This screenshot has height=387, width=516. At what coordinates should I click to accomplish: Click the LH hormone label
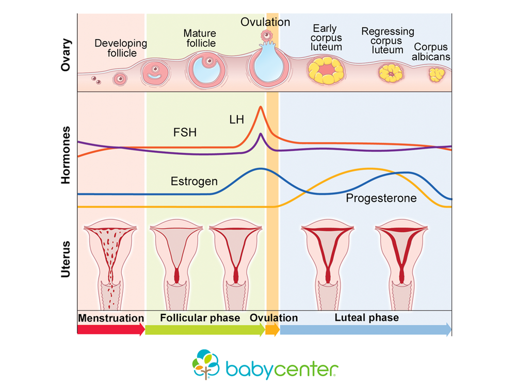pos(237,119)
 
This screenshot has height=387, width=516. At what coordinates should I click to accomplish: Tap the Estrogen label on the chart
pos(193,182)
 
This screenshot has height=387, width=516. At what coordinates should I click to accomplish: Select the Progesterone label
pos(381,198)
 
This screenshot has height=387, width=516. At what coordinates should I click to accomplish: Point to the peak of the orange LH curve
pos(260,107)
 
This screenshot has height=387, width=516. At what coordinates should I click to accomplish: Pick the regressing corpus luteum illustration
pos(391,73)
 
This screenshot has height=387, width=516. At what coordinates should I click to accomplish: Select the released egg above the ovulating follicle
pos(266,36)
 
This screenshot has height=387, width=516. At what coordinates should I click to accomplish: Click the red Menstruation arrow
pos(110,330)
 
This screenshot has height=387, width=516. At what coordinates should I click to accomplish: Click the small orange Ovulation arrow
pos(272,330)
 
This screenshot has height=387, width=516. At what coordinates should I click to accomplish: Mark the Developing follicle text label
pos(121,48)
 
